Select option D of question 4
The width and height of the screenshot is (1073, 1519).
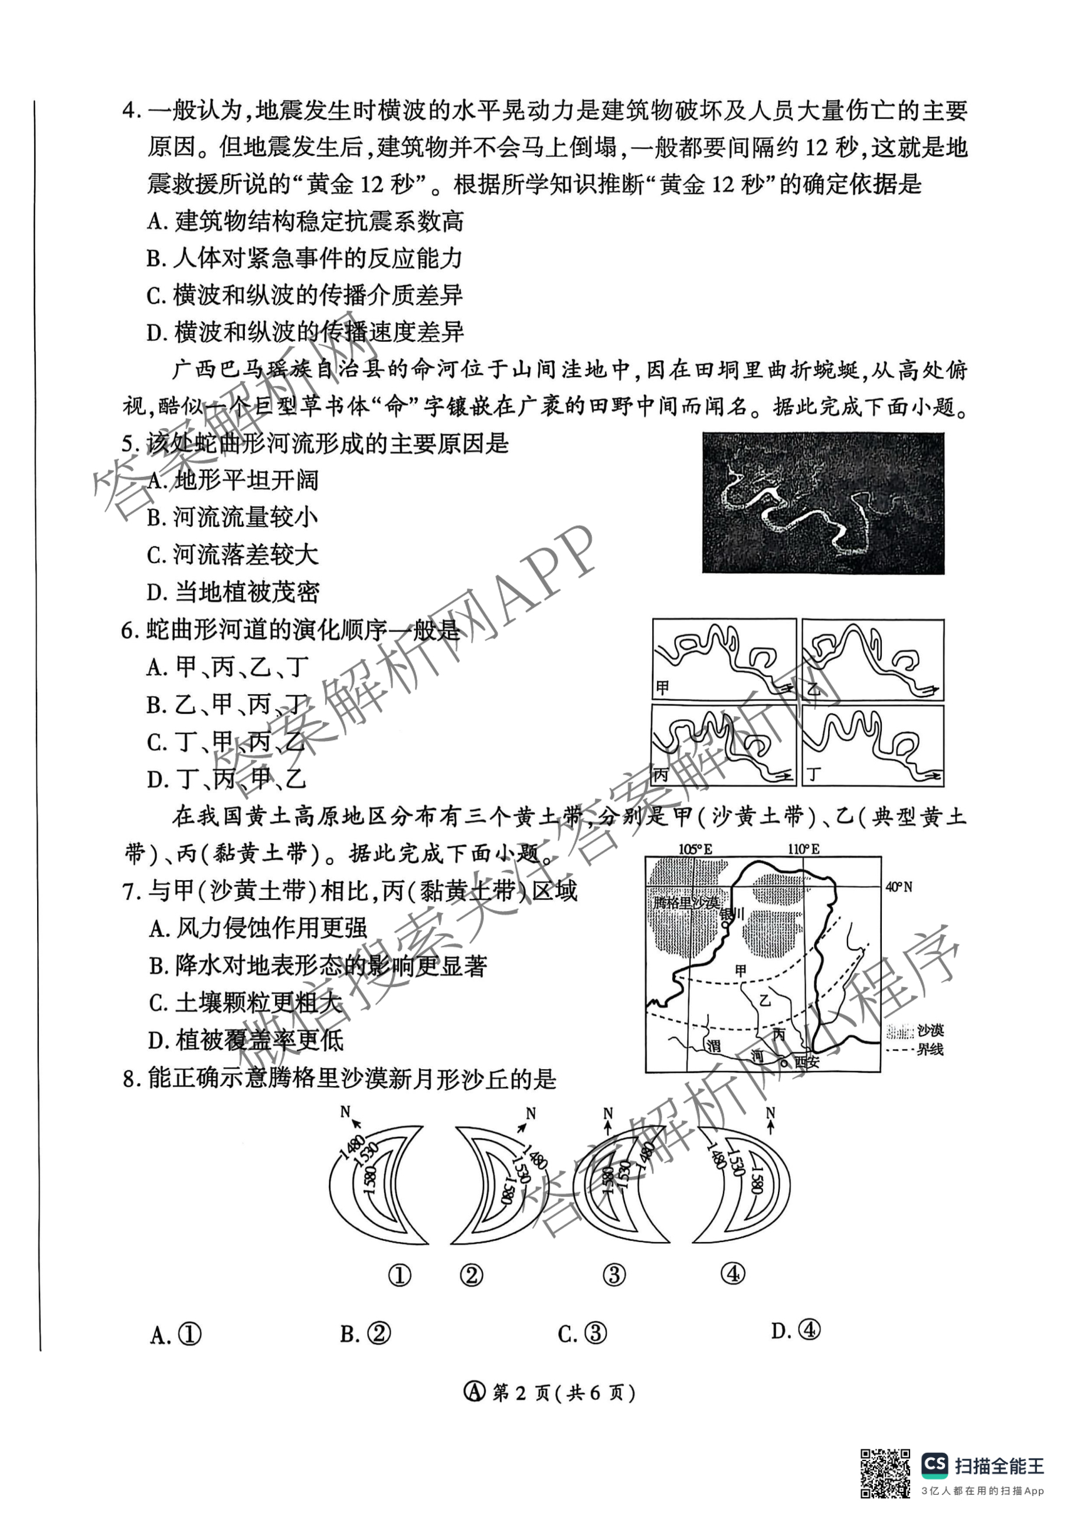point(305,333)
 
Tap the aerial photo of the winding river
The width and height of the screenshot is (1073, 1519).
point(823,503)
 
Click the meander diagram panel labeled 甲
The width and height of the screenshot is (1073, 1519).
point(724,659)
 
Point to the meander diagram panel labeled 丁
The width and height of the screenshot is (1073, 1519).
point(872,746)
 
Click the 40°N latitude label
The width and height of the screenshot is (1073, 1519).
point(898,887)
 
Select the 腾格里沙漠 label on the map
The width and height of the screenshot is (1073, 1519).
point(685,903)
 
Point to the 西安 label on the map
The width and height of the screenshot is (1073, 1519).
point(807,1062)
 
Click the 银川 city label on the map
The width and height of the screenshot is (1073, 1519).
point(733,914)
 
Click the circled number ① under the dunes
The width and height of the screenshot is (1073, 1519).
point(400,1275)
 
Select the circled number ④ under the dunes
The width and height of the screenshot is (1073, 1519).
point(733,1273)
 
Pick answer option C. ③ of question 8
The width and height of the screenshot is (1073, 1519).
point(582,1334)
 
